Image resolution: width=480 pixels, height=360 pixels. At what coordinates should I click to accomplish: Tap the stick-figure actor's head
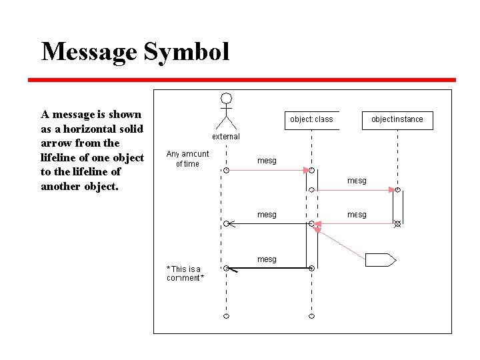pos(227,98)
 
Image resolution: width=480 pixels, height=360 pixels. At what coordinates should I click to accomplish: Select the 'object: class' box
pos(311,119)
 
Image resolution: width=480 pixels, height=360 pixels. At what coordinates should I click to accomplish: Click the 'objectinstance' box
pos(397,119)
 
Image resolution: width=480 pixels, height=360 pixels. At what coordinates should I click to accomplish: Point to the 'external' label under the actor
pos(226,137)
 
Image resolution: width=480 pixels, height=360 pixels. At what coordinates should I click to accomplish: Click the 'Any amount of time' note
pos(187,159)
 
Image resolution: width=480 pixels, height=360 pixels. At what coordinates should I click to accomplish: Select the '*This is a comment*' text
pos(185,273)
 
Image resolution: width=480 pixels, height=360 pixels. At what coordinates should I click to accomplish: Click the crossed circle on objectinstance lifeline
pos(397,224)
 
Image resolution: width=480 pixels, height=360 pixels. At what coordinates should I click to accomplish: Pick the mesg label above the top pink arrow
pos(267,161)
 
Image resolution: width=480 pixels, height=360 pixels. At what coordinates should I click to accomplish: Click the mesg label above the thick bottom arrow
pos(267,259)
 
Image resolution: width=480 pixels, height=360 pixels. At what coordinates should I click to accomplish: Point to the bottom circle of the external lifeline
pos(227,315)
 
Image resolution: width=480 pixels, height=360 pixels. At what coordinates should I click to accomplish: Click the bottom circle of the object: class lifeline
pos(311,315)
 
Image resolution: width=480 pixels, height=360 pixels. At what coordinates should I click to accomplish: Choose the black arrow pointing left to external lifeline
pos(267,224)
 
